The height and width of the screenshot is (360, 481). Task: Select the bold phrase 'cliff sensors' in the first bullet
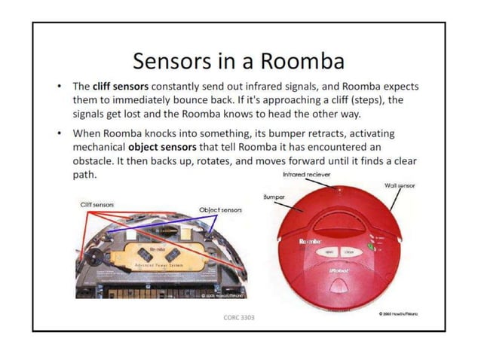click(121, 87)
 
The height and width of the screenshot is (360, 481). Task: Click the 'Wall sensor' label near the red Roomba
click(400, 185)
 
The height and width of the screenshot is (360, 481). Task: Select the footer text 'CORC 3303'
click(239, 317)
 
